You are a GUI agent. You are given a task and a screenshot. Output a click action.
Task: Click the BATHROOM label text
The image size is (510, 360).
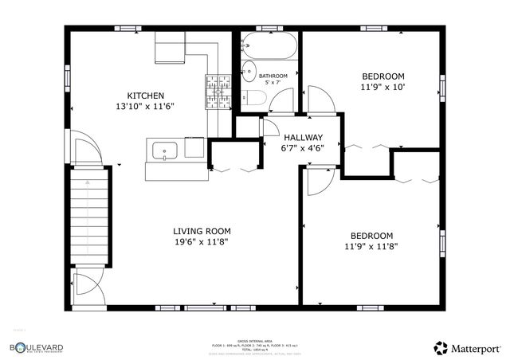pos(261,76)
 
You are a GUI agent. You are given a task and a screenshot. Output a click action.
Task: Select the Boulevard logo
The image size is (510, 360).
pos(37,347)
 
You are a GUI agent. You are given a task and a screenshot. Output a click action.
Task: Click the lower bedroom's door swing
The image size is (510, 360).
pos(317,182)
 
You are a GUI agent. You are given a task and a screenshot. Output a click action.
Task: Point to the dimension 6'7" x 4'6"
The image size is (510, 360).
pos(303,147)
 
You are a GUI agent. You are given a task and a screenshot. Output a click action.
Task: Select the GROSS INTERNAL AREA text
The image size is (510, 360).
pos(254,340)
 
